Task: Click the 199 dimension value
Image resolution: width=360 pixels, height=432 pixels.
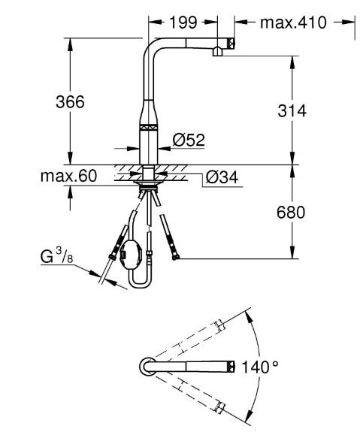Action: [x=183, y=23]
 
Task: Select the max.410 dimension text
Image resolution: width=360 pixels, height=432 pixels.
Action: [x=293, y=23]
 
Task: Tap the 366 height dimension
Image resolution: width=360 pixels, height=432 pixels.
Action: [x=70, y=102]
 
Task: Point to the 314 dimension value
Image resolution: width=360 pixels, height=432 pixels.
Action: [x=292, y=110]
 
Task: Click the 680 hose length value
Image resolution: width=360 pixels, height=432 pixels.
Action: [x=291, y=213]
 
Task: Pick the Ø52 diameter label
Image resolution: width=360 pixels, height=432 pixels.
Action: [x=189, y=140]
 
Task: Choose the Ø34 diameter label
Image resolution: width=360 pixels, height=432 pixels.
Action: [x=222, y=177]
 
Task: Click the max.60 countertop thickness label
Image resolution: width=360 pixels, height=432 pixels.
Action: [x=68, y=176]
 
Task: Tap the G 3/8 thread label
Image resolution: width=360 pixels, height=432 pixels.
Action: [x=57, y=255]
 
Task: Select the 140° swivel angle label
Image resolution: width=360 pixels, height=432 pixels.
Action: [x=259, y=367]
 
